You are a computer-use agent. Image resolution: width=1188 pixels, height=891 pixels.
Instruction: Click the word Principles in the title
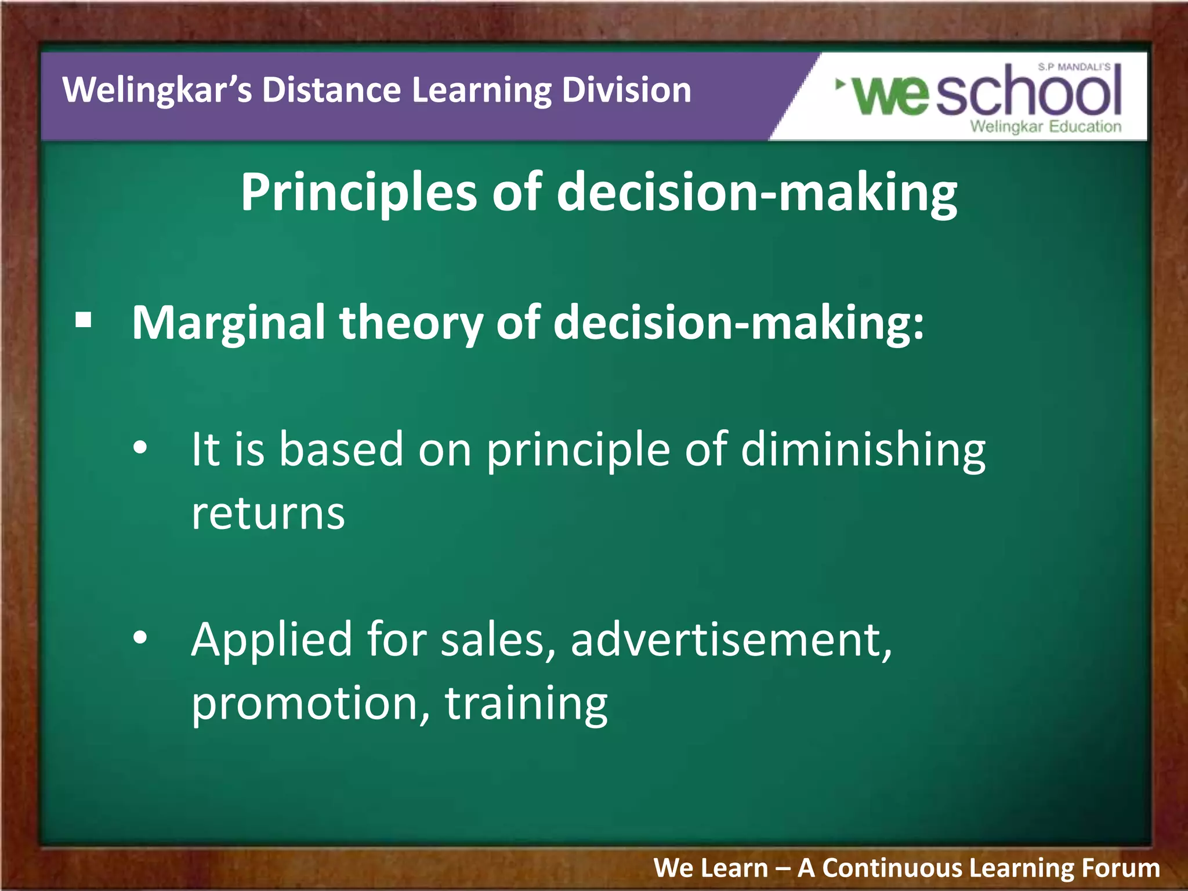tap(358, 194)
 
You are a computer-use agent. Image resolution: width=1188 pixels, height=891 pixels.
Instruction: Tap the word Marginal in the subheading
tap(228, 324)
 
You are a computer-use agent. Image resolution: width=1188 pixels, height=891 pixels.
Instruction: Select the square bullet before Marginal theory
tap(84, 320)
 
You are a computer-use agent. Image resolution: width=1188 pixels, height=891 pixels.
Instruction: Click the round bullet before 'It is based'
tap(140, 448)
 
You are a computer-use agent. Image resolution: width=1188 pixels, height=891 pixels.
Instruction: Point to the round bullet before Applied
tap(140, 638)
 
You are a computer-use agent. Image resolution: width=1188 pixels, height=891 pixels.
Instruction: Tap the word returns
tap(268, 514)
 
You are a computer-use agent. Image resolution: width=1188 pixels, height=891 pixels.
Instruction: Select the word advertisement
tap(730, 640)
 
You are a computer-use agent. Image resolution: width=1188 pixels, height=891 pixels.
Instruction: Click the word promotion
tap(310, 703)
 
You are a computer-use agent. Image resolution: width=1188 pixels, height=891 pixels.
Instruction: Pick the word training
tap(526, 704)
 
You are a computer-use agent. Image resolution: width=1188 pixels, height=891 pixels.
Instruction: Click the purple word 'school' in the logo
tap(1028, 93)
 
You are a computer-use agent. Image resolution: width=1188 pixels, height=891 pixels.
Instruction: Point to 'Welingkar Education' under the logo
tap(1045, 126)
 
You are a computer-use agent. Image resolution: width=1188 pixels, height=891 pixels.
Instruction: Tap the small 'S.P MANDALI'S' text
tap(1074, 67)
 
